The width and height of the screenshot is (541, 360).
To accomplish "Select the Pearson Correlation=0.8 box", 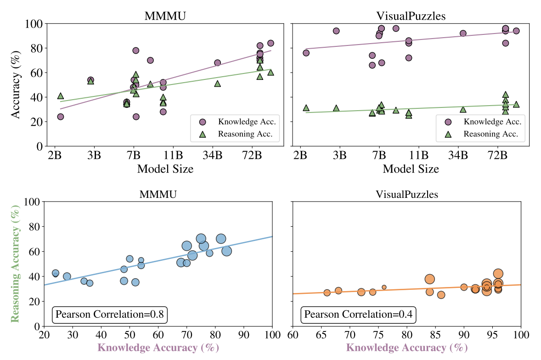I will point(108,315).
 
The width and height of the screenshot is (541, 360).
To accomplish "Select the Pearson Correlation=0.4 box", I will point(358,315).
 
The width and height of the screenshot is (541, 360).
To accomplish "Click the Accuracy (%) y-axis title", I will point(17,84).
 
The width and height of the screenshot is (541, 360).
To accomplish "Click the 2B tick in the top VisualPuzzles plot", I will point(301,154).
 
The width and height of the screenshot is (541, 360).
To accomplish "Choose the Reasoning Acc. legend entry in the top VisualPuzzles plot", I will point(485,134).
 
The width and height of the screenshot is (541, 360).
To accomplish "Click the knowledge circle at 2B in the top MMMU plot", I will point(61,117).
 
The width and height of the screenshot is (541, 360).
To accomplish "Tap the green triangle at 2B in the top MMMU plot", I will point(61,96).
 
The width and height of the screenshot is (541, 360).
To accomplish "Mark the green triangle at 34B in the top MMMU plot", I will point(217,84).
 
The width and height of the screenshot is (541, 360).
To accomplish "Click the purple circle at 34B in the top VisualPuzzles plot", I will point(463,34).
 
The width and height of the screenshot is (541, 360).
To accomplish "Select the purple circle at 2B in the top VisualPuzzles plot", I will point(306,53).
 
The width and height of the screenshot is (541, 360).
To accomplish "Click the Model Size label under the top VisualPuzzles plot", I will point(411,169).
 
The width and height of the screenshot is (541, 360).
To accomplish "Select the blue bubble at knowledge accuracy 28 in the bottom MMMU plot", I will point(67,276).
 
